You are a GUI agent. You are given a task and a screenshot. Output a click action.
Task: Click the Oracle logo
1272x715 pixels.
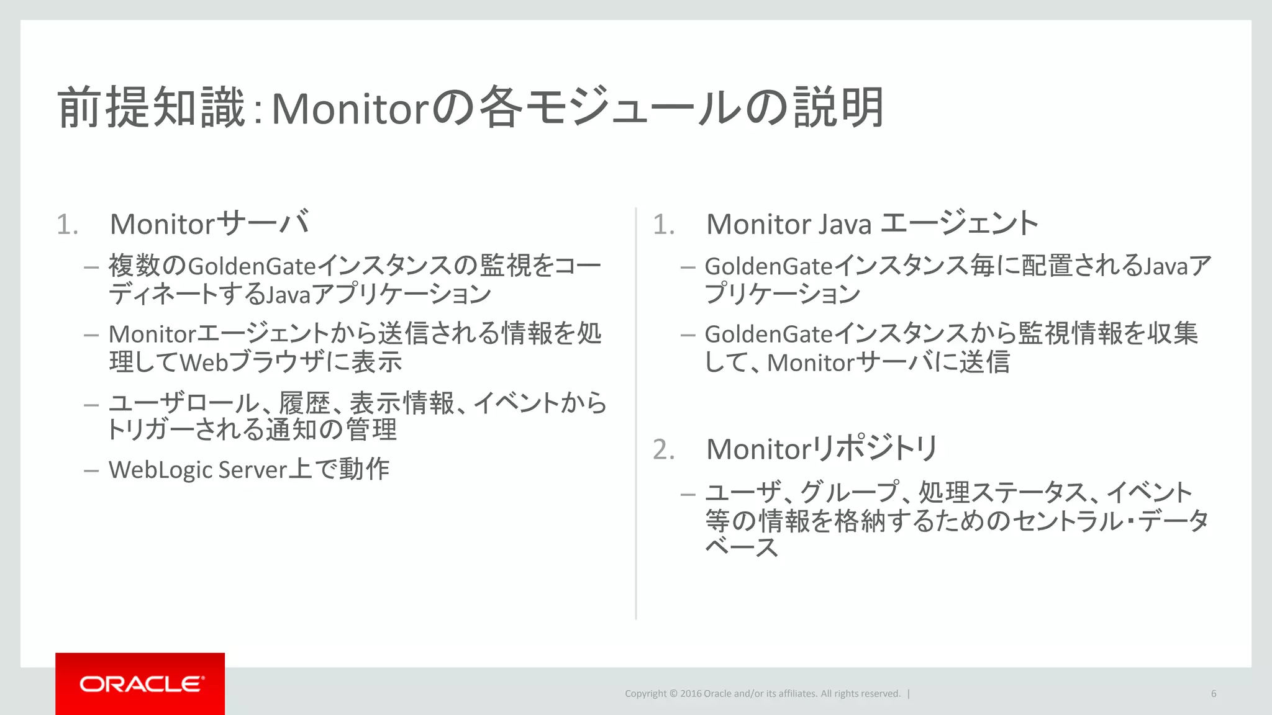(140, 684)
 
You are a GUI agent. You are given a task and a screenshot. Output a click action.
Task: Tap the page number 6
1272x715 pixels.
(1213, 693)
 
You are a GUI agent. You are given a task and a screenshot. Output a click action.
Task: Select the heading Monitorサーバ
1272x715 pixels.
(209, 223)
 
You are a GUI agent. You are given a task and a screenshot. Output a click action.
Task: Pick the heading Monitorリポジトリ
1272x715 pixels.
(821, 449)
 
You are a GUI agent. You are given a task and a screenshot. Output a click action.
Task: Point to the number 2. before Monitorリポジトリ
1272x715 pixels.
(663, 449)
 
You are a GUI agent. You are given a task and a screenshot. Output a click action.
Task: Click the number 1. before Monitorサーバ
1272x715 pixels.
(67, 225)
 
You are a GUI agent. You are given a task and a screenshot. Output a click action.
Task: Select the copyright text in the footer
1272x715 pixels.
(762, 693)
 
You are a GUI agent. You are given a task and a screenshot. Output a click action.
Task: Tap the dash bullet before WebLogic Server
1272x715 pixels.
(91, 470)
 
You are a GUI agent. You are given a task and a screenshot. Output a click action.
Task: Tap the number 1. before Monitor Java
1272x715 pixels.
(663, 225)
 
